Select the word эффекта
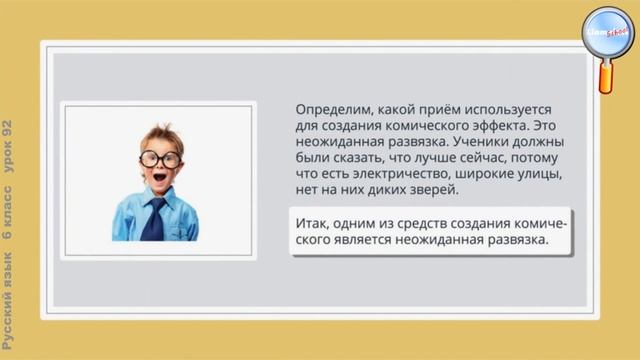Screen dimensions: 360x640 point(500,125)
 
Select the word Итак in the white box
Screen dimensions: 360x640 point(316,221)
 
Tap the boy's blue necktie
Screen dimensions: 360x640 point(153,219)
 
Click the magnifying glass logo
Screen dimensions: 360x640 point(607,37)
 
